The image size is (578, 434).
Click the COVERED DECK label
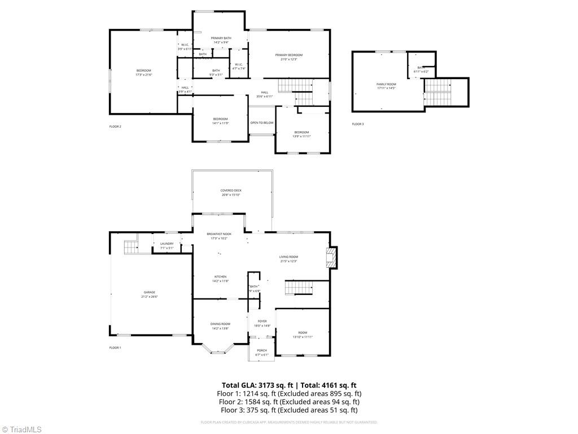[x=231, y=190]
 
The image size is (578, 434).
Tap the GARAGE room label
[x=149, y=292]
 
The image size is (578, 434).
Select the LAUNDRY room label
[x=167, y=244]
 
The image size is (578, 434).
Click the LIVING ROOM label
[x=288, y=257]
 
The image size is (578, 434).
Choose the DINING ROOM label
[x=220, y=324]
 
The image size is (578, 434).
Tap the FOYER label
[x=262, y=321]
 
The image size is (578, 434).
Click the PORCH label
[x=262, y=350]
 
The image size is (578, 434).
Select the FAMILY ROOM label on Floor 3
[x=387, y=84]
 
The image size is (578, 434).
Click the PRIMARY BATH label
[x=221, y=38]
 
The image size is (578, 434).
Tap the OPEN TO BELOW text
[x=262, y=123]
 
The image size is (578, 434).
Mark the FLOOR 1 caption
[x=115, y=348]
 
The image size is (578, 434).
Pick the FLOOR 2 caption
[x=115, y=127]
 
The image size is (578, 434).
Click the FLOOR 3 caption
[x=358, y=124]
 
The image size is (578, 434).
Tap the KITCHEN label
[x=220, y=277]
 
